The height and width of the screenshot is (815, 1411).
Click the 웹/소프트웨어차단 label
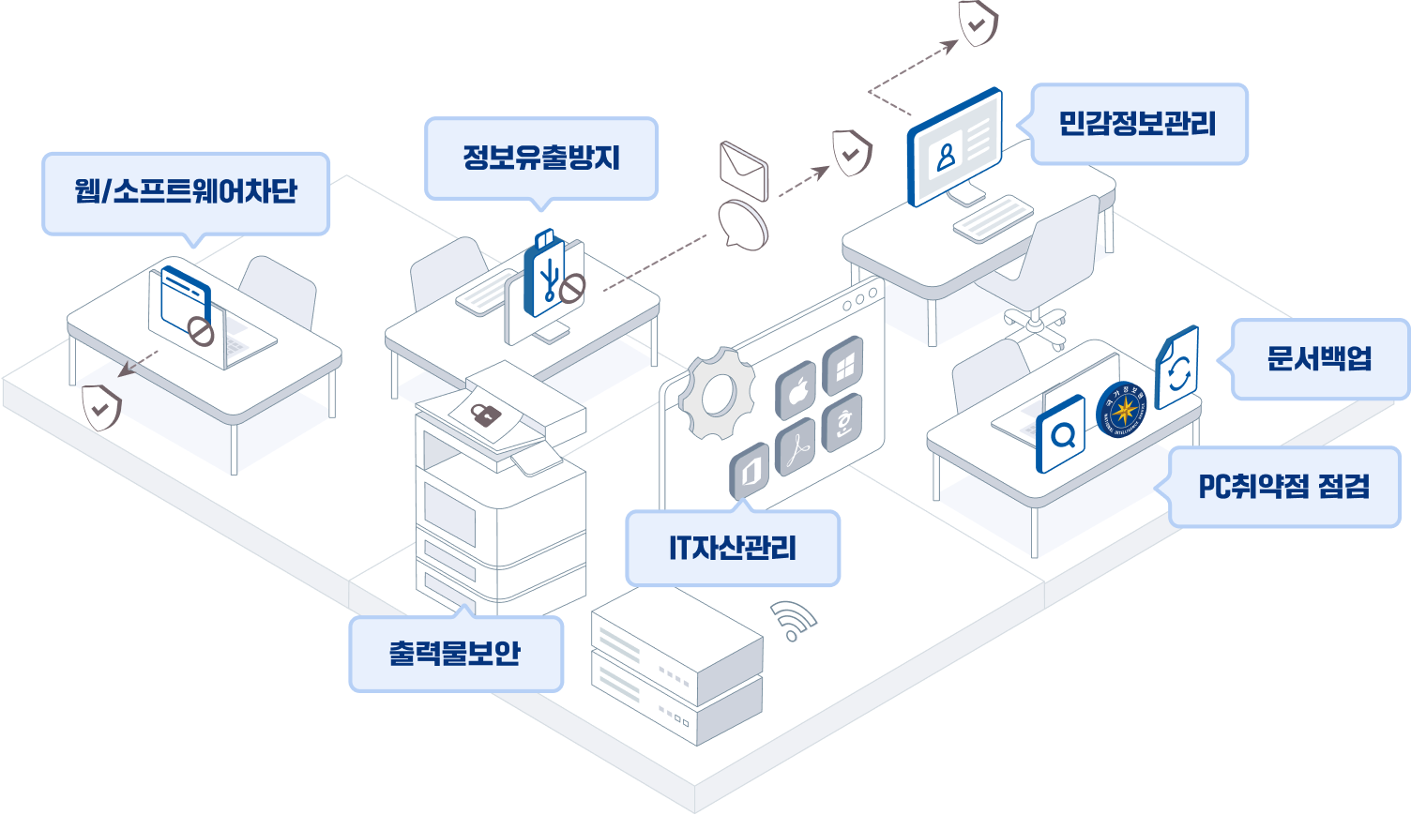186,192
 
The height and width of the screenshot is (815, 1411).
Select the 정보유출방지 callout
541,158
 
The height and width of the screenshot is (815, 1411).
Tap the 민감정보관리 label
1138,124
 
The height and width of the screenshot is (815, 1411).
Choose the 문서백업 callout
1319,358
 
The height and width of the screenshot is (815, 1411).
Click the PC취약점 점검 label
1283,487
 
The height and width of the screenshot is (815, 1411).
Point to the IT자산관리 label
733,548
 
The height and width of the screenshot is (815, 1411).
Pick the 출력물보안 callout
455,654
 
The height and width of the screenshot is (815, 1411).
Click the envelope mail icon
743,170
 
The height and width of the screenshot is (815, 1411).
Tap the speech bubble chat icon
742,225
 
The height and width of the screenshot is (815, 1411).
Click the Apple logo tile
797,391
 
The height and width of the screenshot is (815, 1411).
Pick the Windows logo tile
843,366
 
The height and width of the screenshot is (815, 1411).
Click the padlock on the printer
484,414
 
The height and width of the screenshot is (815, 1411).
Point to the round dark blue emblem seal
1122,411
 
